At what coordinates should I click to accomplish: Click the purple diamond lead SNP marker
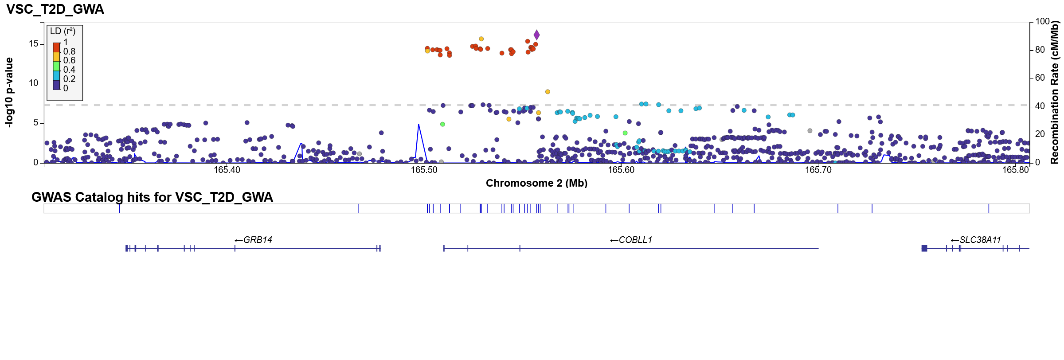[x=536, y=35]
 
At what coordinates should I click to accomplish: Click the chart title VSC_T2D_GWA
[x=55, y=9]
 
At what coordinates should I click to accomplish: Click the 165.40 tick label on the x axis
[x=227, y=170]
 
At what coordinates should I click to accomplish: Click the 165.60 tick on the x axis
[x=621, y=170]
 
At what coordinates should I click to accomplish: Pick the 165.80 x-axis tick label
[x=1015, y=170]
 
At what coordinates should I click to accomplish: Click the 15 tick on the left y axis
[x=34, y=43]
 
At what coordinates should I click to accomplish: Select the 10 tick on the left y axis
[x=34, y=83]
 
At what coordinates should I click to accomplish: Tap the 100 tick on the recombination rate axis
[x=1042, y=21]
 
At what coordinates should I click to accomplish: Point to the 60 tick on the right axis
[x=1040, y=78]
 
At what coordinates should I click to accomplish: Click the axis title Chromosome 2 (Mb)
[x=536, y=183]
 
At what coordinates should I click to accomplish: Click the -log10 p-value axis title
[x=9, y=92]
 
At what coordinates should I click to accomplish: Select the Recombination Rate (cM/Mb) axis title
[x=1054, y=92]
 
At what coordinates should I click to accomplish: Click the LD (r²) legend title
[x=63, y=31]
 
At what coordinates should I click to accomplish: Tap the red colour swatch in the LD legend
[x=56, y=47]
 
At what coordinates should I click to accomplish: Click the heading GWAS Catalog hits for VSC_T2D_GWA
[x=152, y=197]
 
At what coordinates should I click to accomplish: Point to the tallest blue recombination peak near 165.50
[x=419, y=125]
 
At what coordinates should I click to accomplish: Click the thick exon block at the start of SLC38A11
[x=924, y=248]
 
